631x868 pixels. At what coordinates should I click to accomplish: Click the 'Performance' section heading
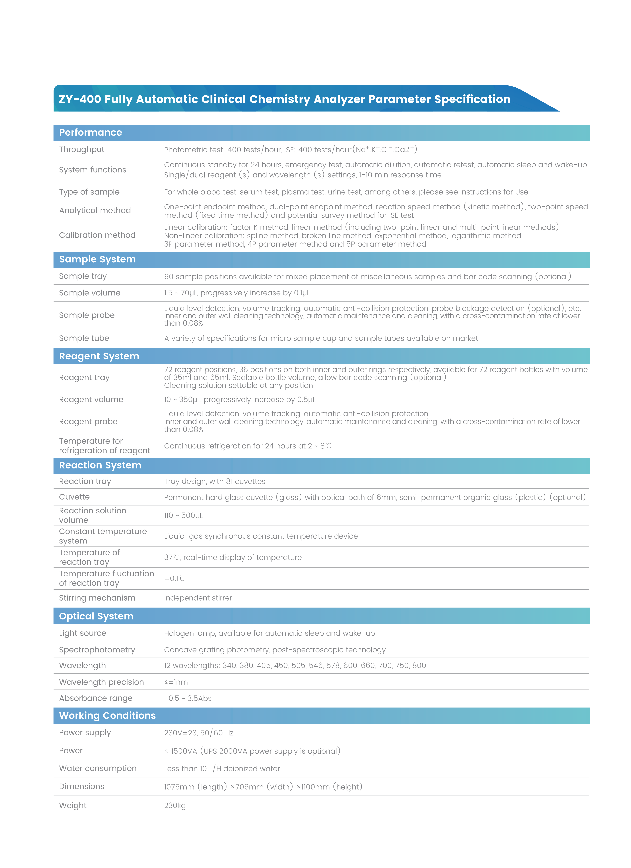90,132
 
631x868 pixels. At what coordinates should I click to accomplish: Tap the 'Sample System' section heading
97,259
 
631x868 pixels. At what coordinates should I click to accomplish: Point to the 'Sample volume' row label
90,293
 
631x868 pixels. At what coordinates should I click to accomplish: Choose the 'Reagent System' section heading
99,356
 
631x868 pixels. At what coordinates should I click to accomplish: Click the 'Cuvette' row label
74,497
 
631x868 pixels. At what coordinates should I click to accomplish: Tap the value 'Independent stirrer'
198,598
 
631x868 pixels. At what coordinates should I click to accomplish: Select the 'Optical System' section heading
96,616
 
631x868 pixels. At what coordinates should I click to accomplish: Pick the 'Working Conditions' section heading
107,716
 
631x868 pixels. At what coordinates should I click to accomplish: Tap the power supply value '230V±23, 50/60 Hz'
198,733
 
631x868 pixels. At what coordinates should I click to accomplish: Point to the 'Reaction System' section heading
100,465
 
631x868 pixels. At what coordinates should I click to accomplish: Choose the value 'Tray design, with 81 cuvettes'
214,481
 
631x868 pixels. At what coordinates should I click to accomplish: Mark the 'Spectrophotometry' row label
97,650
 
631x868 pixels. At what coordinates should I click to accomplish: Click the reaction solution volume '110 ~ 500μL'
183,515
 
